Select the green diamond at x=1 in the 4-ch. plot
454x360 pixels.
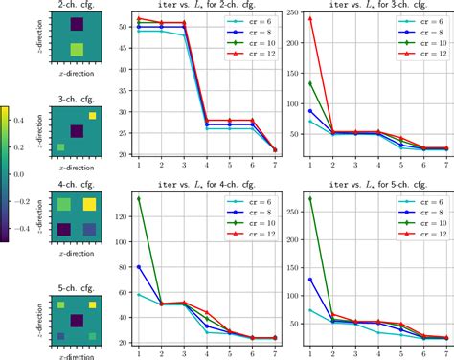pyautogui.click(x=139, y=198)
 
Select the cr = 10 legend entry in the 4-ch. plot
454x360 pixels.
pyautogui.click(x=248, y=232)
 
